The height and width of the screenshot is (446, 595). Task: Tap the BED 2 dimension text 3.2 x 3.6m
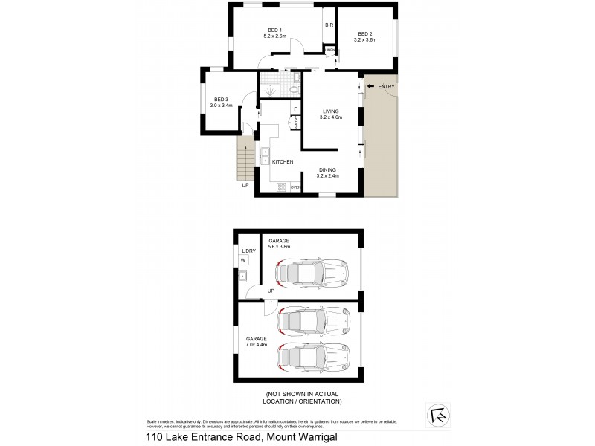(x=364, y=39)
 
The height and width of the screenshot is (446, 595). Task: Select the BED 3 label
(x=221, y=100)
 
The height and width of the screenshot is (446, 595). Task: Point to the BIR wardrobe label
(x=329, y=25)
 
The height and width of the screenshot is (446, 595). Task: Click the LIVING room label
(x=329, y=111)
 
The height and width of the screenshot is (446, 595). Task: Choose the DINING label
(x=328, y=170)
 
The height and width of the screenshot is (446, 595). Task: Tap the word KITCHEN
(x=282, y=161)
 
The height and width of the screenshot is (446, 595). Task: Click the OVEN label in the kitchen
(x=295, y=187)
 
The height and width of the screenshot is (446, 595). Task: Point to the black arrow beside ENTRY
(x=370, y=88)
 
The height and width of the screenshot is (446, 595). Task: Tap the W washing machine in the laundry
(x=243, y=260)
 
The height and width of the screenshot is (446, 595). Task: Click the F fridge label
(x=295, y=109)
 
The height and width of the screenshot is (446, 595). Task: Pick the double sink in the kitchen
(x=265, y=155)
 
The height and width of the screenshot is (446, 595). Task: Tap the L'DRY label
(x=248, y=251)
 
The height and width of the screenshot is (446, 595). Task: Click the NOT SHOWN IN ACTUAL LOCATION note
(x=303, y=398)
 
